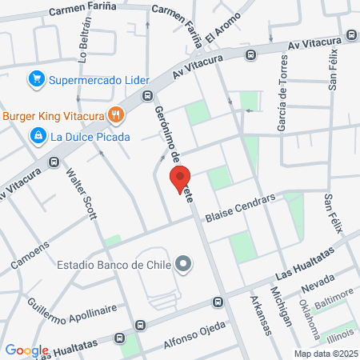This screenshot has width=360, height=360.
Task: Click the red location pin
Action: pyautogui.click(x=180, y=178)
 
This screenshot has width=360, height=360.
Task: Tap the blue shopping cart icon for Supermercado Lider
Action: pyautogui.click(x=35, y=78)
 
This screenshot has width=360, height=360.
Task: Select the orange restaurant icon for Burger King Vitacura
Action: pyautogui.click(x=116, y=115)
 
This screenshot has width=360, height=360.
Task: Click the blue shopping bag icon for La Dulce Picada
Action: pyautogui.click(x=37, y=136)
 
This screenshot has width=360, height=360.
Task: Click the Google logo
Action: pyautogui.click(x=26, y=350)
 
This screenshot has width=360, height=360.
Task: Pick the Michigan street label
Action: pyautogui.click(x=281, y=307)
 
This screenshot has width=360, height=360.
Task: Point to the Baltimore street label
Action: pyautogui.click(x=332, y=299)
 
